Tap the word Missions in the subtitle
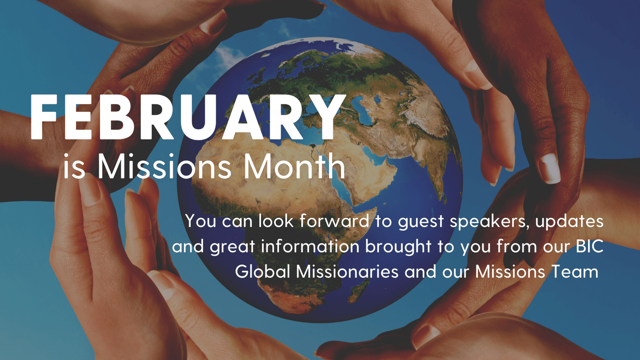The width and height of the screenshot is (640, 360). click(164, 166)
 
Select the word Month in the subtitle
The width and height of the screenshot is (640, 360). click(294, 166)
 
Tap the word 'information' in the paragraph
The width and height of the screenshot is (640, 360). click(310, 246)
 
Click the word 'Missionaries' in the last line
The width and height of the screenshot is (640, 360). click(347, 271)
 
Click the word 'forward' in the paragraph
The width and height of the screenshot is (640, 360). click(334, 221)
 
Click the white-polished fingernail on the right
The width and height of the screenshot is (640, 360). click(549, 169)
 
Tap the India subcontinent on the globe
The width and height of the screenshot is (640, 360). click(434, 160)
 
